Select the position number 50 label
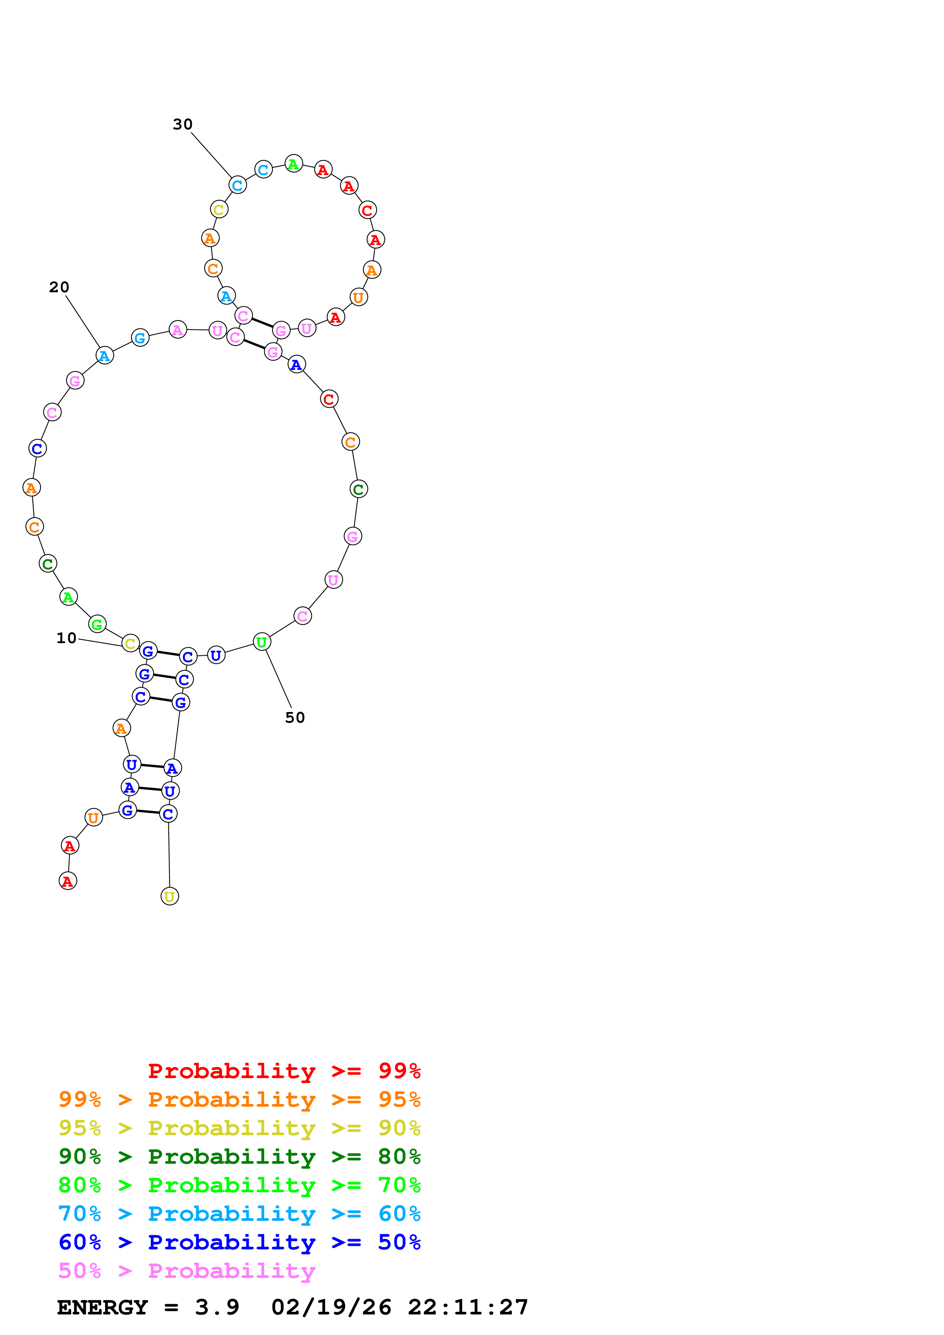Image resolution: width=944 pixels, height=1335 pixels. [295, 717]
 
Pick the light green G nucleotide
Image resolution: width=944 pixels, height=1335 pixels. [97, 624]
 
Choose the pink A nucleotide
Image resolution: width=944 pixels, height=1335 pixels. [178, 330]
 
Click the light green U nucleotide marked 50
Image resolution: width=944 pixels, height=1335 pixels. [262, 642]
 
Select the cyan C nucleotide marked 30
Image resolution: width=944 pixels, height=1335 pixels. [237, 185]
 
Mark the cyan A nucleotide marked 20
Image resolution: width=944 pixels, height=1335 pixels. [104, 355]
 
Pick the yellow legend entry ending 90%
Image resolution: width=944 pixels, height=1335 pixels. [239, 1128]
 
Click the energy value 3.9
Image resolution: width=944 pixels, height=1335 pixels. [217, 1308]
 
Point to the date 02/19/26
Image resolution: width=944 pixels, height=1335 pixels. [331, 1308]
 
